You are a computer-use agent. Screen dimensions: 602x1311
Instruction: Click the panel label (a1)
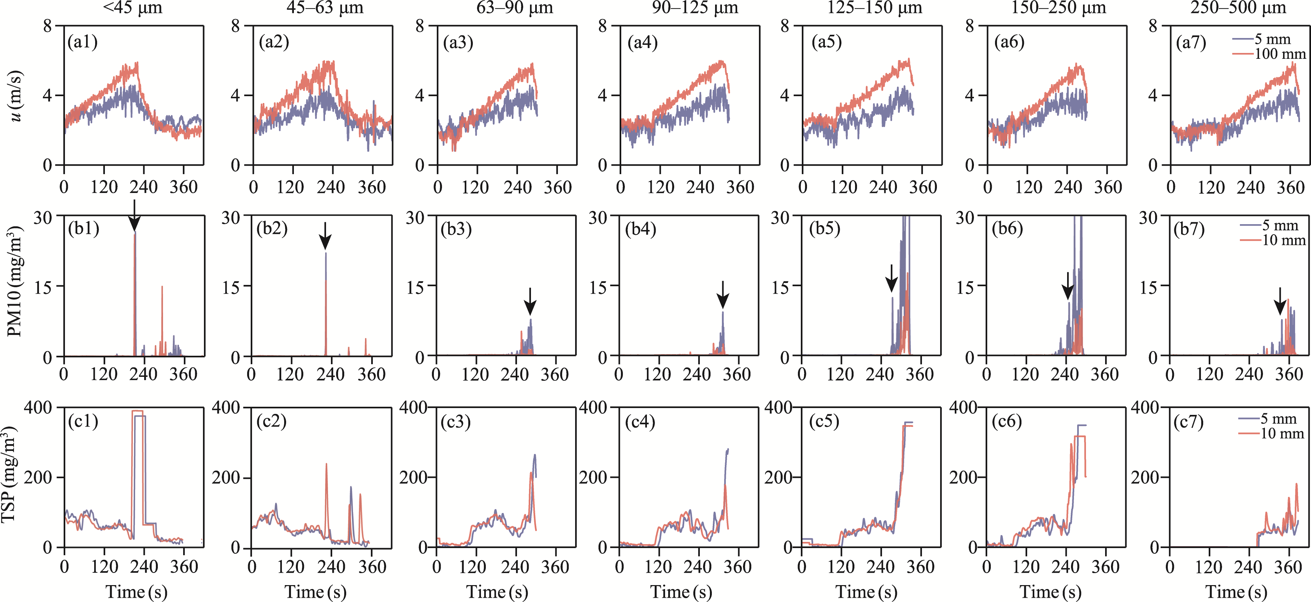(x=82, y=42)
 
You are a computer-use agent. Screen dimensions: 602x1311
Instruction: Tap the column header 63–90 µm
(x=514, y=8)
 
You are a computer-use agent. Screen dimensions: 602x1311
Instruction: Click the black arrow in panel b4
(x=723, y=295)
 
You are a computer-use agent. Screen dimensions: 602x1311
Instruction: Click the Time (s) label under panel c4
(x=681, y=592)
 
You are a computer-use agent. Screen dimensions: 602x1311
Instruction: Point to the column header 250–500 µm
(x=1238, y=8)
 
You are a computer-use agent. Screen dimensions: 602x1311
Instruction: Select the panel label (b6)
(x=1007, y=229)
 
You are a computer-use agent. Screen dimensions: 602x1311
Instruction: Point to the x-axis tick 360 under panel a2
(x=372, y=187)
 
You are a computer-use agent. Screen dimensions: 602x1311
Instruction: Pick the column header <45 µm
(x=133, y=8)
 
